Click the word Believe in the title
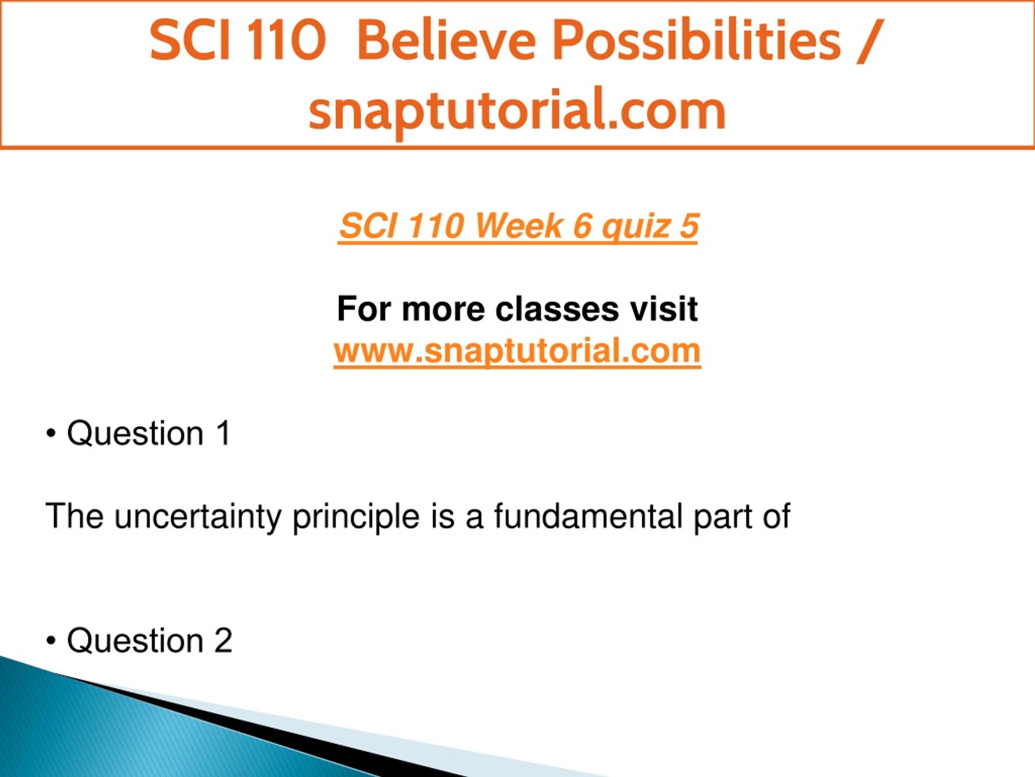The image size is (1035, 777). point(446,41)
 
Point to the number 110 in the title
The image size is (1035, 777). point(285,41)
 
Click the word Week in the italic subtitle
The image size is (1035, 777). point(517,226)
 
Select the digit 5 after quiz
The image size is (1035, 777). point(689,226)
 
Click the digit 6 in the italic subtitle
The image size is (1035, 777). point(583,226)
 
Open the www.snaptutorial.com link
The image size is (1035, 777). point(517,351)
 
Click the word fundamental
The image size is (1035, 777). point(588,516)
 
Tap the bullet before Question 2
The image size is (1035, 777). point(51,641)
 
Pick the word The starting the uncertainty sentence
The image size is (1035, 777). point(74,516)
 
